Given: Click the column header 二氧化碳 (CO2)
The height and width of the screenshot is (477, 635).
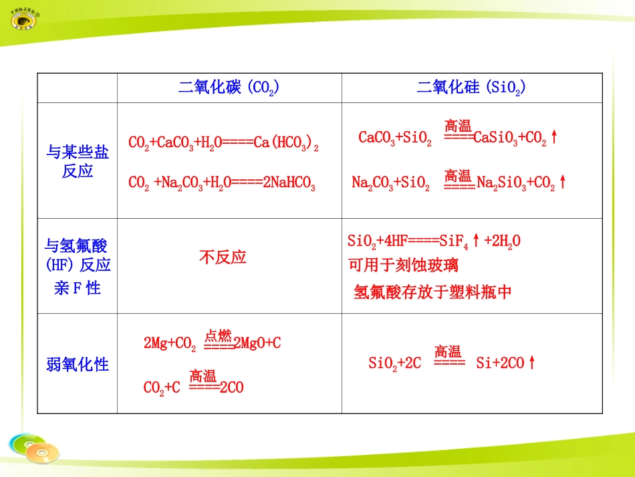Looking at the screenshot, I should point(229,88).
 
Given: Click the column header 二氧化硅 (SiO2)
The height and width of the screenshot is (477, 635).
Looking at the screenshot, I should point(471,88).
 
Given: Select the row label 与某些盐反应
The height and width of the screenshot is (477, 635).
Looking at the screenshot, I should point(77,161).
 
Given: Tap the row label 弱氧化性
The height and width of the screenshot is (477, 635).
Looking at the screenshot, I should point(78,365).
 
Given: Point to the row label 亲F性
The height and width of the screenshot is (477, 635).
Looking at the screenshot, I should point(77,289).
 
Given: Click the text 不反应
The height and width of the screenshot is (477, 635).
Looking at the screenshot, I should point(223,258).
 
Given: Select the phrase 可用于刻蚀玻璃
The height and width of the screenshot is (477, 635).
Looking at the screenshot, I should point(404,266).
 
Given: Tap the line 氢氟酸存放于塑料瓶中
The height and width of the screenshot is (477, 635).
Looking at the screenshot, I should point(432,292).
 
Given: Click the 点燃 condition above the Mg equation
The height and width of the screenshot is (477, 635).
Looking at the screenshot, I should point(218,335).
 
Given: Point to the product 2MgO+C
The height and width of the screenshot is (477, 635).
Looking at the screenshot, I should point(257,344).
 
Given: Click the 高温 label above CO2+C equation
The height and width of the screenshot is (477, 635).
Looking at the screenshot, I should point(203,375).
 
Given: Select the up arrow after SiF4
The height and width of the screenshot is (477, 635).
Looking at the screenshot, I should point(476,241).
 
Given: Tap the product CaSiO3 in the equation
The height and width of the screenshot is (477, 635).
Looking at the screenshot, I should point(497,138).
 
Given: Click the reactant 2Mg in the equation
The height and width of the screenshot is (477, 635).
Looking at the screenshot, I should point(156,344).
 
